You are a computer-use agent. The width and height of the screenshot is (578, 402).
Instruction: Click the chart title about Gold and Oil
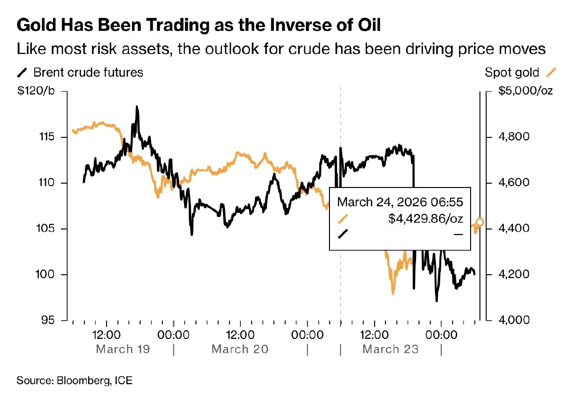click(198, 25)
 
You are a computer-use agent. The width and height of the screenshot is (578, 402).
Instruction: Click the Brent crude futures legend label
click(88, 73)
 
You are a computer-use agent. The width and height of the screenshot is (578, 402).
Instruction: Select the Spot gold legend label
click(512, 73)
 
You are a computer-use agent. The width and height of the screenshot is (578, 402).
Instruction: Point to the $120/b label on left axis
click(37, 92)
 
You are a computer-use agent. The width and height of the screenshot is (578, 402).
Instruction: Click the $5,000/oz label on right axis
click(525, 92)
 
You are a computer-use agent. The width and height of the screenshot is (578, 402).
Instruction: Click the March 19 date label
click(123, 349)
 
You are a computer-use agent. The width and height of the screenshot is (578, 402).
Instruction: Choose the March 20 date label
click(239, 349)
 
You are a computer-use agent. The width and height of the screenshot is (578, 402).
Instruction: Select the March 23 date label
click(390, 349)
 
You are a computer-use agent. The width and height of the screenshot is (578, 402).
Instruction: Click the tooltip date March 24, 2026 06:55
click(400, 201)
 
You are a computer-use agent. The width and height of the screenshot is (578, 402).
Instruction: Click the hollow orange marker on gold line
click(480, 222)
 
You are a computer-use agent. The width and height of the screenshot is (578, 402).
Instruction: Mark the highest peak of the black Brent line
click(137, 107)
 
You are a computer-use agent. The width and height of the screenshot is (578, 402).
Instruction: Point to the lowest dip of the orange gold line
click(393, 294)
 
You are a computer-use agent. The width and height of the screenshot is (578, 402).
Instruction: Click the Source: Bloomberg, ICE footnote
click(74, 381)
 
